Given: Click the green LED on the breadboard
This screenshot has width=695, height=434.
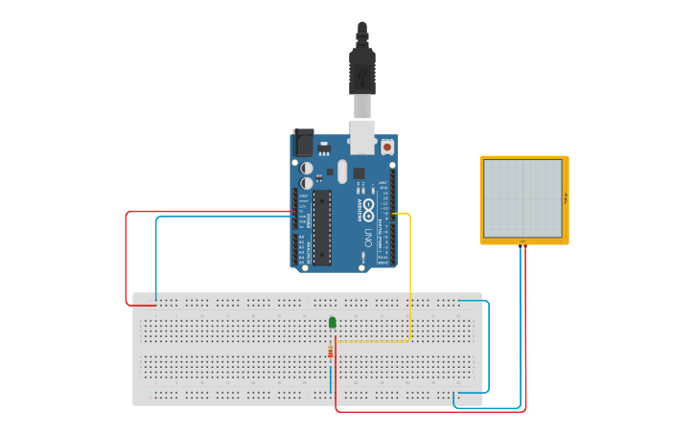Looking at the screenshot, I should point(333,323).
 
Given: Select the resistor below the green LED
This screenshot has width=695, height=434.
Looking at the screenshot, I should point(331,354).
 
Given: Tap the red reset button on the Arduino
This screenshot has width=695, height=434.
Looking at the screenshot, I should point(387,147).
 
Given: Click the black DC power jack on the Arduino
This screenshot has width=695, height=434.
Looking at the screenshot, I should point(304,144).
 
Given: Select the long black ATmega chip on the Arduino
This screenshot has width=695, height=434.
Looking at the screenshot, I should point(322,226).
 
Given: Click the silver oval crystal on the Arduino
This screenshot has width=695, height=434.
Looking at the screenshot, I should point(342,172).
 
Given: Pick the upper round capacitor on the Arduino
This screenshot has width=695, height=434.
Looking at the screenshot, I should point(307,168).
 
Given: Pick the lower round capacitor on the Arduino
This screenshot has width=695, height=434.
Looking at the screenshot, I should point(307,182).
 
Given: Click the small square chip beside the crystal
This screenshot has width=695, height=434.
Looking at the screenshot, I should point(359,174).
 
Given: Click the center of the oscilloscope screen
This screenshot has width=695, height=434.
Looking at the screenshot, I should point(522,198).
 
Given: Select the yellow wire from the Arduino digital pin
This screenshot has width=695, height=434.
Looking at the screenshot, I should point(410,278).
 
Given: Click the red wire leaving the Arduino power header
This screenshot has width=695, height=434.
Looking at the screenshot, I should point(126,259).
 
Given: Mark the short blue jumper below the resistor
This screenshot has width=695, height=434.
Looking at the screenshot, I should point(331,378).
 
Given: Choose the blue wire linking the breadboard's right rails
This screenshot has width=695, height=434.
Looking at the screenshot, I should point(488,345).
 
